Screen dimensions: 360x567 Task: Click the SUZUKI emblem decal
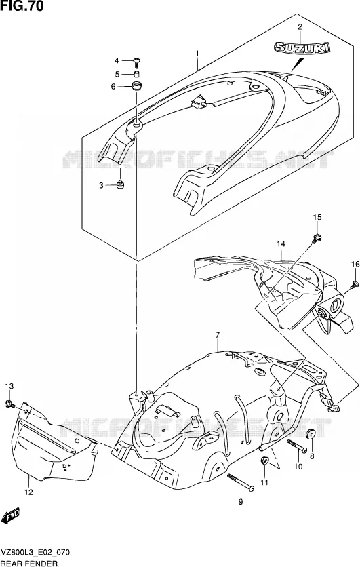(x=302, y=48)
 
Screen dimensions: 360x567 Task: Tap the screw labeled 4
(x=137, y=62)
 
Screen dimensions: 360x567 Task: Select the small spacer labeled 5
(x=137, y=75)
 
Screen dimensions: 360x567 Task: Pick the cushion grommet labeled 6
(x=137, y=87)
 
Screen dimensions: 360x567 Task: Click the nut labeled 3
(x=120, y=185)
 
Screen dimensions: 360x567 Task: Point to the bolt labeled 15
(x=317, y=238)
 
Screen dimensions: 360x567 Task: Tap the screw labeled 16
(x=354, y=285)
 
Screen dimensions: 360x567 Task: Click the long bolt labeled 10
(x=297, y=446)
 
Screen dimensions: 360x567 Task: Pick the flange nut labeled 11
(x=264, y=461)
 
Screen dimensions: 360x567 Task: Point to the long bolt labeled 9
(x=241, y=482)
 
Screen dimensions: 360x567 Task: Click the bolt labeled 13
(x=9, y=404)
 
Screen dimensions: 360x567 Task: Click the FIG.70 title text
(x=22, y=6)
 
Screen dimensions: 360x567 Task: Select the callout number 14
(x=281, y=244)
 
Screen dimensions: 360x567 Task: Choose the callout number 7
(x=217, y=335)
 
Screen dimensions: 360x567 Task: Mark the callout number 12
(x=28, y=492)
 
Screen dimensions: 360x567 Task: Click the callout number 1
(x=197, y=54)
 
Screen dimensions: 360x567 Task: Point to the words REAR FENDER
(x=29, y=563)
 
